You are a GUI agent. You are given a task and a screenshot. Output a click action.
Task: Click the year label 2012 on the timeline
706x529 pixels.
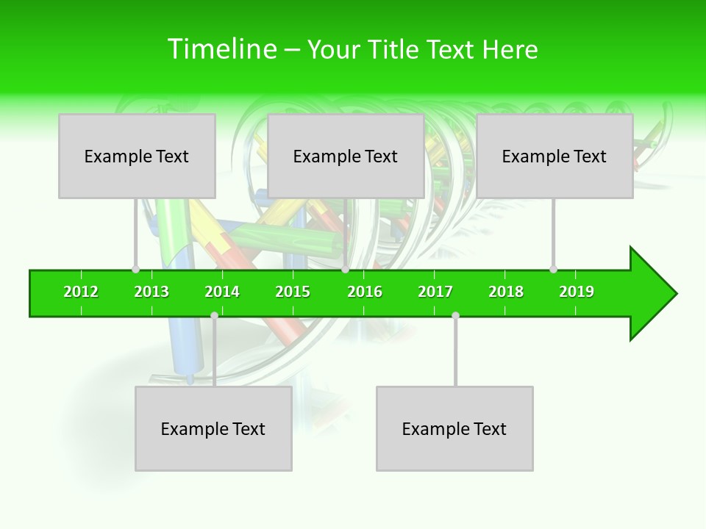point(81,292)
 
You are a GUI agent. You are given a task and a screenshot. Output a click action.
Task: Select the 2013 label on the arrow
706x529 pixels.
point(151,292)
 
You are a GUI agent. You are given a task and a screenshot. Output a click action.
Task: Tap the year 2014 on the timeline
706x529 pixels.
point(222,292)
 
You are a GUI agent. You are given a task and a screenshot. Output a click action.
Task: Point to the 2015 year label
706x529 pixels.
point(293,292)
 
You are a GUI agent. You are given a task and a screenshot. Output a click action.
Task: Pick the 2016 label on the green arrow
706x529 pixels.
point(365,292)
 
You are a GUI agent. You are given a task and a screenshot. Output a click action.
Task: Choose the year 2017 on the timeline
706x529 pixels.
point(435,292)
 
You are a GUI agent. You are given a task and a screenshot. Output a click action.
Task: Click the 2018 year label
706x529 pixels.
point(506,292)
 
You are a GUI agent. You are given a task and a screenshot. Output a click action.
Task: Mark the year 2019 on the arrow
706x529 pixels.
point(577,292)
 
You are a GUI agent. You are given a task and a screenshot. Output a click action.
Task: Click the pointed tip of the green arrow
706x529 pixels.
point(674,294)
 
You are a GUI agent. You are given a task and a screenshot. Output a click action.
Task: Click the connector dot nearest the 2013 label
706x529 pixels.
point(135,270)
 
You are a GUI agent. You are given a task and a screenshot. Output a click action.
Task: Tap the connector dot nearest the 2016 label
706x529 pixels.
point(345,270)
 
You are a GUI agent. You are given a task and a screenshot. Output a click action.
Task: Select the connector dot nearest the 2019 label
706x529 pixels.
point(553,270)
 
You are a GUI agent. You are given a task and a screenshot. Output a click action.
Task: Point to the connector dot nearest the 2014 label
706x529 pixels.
point(214,316)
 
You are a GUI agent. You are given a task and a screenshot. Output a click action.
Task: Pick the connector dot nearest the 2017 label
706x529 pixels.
point(455,316)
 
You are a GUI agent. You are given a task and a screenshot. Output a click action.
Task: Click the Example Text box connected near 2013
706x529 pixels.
point(137,156)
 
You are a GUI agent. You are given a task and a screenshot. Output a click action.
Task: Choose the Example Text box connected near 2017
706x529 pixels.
point(454,428)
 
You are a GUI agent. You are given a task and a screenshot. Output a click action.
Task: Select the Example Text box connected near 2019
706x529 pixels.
point(555,156)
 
